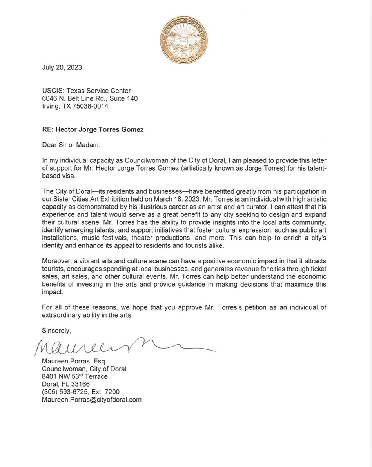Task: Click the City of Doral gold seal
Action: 184,38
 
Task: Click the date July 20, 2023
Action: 62,67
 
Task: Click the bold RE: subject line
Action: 93,129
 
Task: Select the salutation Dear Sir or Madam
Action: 71,145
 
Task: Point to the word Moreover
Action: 55,261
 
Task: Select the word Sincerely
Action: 56,330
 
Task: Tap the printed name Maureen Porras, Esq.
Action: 74,361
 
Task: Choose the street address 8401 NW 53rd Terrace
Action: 75,376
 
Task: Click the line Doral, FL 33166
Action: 65,384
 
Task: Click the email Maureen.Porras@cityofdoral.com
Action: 92,400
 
